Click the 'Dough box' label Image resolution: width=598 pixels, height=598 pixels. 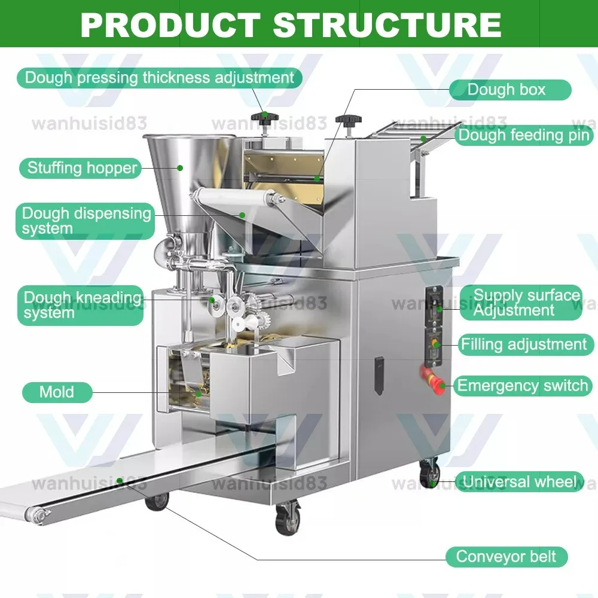(x=507, y=90)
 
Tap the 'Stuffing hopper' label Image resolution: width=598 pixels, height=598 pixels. (x=83, y=168)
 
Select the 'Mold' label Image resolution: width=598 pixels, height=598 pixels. (x=57, y=392)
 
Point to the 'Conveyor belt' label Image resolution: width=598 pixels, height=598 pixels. (x=506, y=557)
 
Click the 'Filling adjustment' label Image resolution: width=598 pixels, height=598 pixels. (x=523, y=344)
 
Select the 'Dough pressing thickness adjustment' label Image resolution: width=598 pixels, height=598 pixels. (x=159, y=78)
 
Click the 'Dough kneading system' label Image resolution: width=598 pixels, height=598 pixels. (x=82, y=304)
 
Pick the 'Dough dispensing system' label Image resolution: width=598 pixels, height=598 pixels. (x=86, y=220)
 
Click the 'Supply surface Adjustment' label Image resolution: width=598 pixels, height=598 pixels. (x=526, y=303)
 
